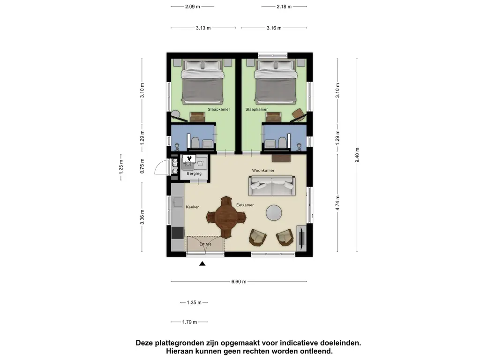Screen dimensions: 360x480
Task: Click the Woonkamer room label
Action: point(263,170)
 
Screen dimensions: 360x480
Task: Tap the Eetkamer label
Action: point(245,205)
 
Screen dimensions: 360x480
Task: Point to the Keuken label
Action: point(193,207)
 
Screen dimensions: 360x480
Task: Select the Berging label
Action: point(194,173)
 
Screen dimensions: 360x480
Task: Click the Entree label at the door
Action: point(205,244)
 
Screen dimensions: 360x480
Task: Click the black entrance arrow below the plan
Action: point(202,264)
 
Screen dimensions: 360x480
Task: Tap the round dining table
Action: point(226,217)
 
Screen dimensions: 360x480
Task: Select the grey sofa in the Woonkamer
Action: point(272,186)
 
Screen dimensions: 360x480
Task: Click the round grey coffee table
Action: point(274,213)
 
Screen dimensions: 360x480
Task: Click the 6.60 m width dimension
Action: point(239,281)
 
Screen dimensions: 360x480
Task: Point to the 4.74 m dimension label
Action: point(337,204)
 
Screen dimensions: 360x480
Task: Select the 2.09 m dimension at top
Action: point(192,7)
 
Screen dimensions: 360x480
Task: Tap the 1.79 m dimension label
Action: point(189,322)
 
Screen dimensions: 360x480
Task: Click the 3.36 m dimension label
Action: point(142,217)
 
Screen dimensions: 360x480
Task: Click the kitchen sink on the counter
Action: point(178,202)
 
